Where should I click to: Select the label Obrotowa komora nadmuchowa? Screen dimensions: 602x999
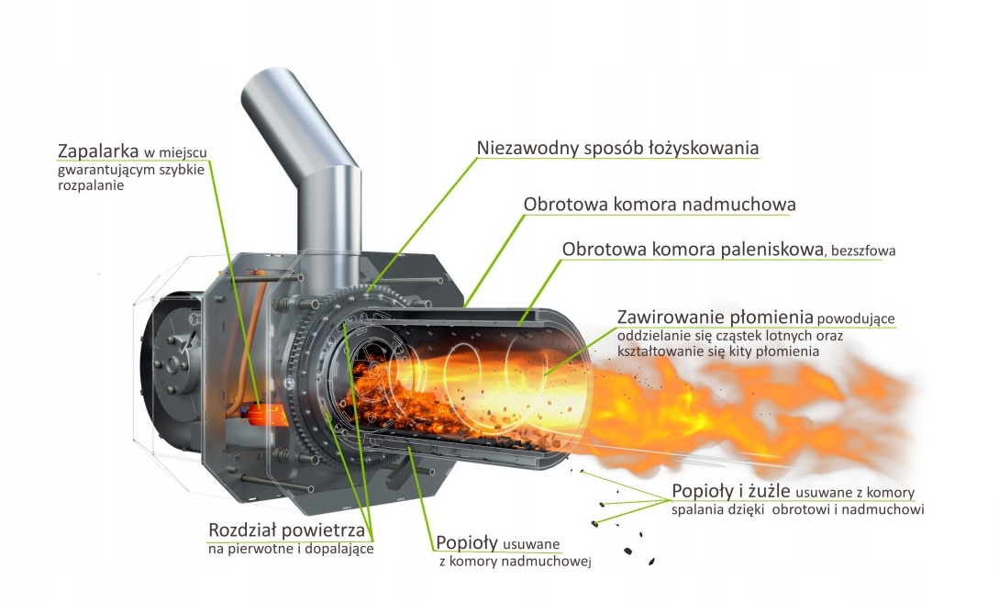click(x=659, y=204)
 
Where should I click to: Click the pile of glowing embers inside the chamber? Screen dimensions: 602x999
click(x=404, y=385)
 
